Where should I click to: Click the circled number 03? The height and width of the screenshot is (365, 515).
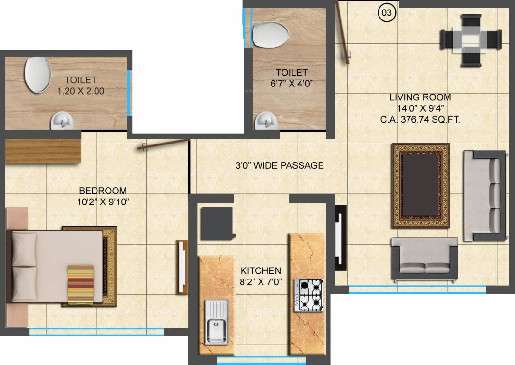click(x=387, y=12)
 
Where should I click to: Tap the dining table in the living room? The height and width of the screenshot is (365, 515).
click(x=471, y=40)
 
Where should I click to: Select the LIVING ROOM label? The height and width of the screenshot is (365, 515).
click(x=420, y=97)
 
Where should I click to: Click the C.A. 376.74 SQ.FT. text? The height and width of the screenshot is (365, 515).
click(x=420, y=120)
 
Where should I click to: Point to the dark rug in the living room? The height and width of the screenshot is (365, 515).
click(x=420, y=185)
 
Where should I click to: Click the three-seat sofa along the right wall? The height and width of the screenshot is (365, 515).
click(x=484, y=195)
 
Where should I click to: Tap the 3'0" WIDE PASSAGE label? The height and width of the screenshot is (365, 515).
click(x=280, y=165)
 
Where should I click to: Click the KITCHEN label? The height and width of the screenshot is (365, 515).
click(x=260, y=270)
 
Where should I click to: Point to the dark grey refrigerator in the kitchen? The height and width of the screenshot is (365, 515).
click(x=216, y=223)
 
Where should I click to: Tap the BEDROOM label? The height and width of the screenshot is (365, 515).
click(x=103, y=191)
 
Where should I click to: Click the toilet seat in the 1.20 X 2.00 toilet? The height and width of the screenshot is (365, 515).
click(x=38, y=75)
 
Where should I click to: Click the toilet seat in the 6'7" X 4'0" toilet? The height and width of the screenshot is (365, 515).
click(x=271, y=34)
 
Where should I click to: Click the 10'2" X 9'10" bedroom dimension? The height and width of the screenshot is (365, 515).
click(x=103, y=202)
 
